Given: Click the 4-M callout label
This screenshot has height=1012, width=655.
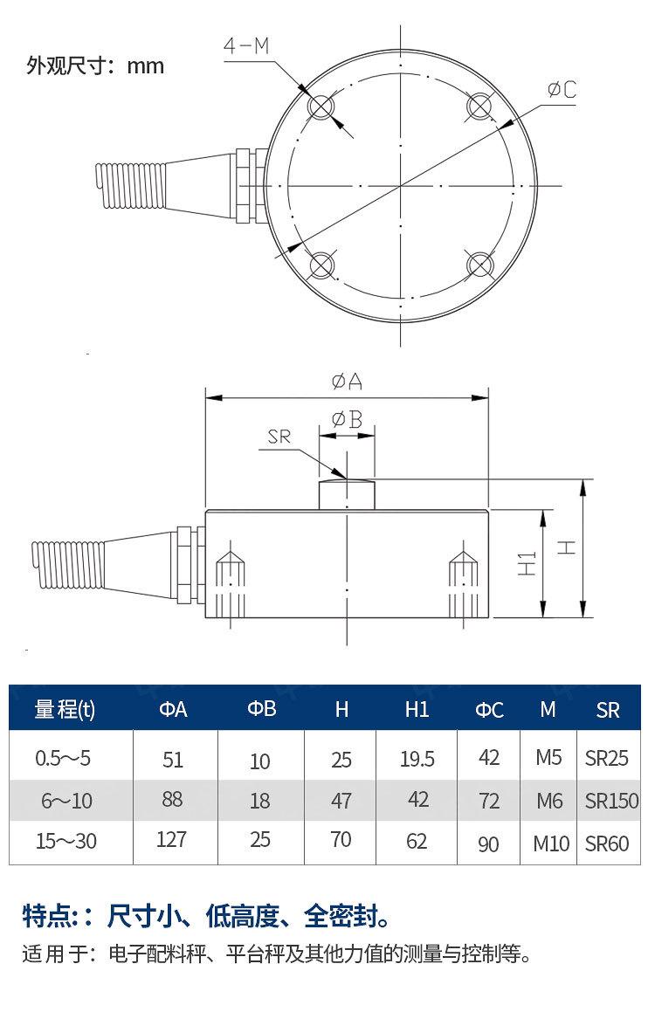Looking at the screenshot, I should [246, 46].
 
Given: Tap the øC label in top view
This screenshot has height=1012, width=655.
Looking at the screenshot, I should [562, 89].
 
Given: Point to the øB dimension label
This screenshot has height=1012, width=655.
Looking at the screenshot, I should [347, 419].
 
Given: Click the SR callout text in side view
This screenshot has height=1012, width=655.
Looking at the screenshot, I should [279, 437].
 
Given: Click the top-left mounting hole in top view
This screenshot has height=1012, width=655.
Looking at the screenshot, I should [321, 107].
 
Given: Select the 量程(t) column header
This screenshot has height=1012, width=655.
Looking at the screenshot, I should [65, 709].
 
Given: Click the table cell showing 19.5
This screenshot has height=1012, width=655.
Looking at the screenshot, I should [417, 759].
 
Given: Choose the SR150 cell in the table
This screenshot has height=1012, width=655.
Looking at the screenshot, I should [611, 800].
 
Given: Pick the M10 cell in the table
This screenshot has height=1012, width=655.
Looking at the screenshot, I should [551, 843].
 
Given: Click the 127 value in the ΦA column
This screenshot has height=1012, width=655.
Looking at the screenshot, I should [172, 840].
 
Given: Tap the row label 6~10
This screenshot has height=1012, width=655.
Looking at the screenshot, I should [66, 800].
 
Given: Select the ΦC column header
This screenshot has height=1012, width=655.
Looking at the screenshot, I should [489, 710].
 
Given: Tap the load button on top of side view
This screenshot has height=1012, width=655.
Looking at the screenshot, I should [347, 493].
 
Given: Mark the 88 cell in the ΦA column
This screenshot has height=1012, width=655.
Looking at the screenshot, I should [172, 799].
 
